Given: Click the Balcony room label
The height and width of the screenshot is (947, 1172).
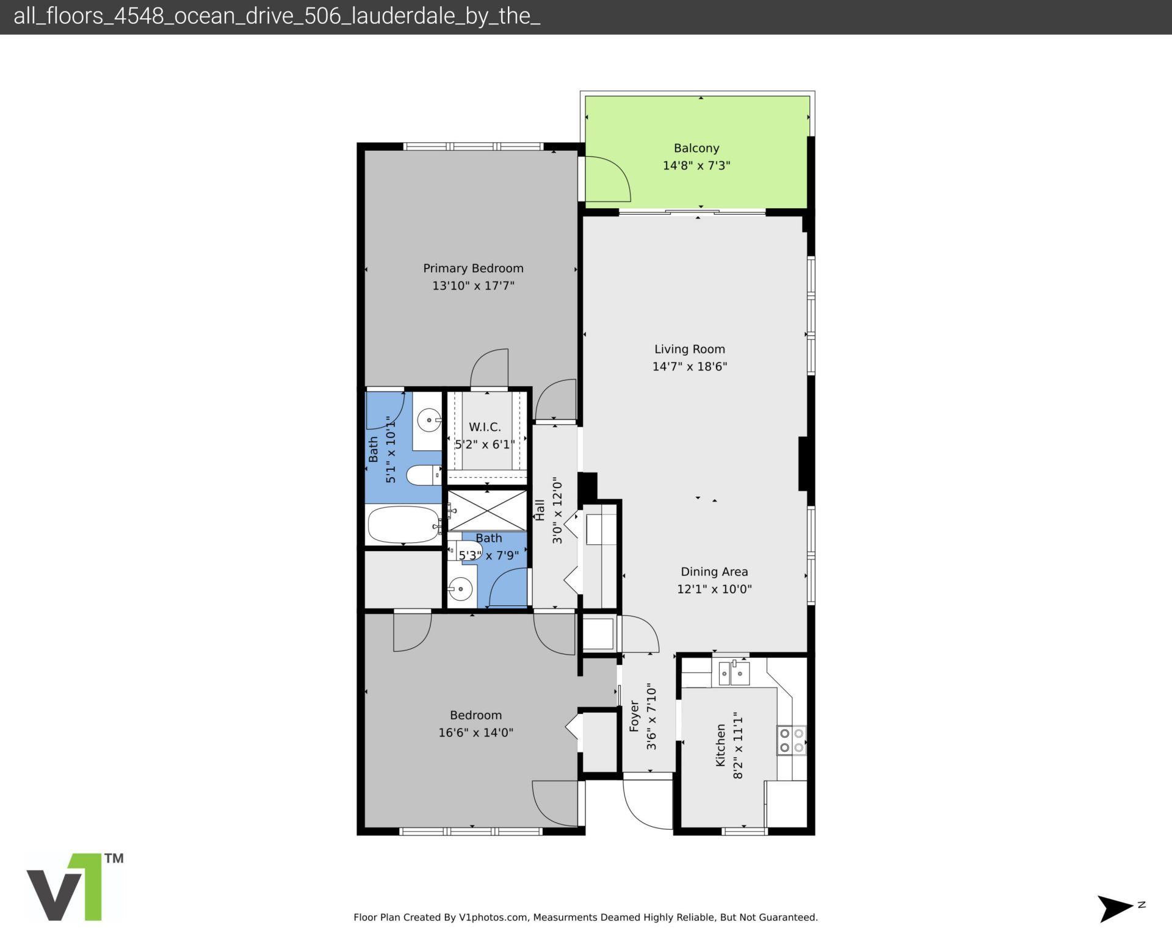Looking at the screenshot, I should tap(696, 148).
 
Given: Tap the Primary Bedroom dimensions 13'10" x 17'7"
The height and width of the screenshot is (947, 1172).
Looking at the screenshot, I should tap(473, 286).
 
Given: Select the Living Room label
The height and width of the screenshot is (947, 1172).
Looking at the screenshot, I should tap(689, 349).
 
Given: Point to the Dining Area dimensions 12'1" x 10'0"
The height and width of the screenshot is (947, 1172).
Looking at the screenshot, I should tap(714, 589).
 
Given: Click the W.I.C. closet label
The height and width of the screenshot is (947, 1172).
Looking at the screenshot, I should tap(485, 427).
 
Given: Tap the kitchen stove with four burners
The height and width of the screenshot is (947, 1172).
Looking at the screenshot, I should tap(792, 740).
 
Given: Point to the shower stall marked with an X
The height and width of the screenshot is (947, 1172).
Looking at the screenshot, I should tap(487, 510).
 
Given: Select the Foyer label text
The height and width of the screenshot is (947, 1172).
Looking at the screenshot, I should tap(634, 716).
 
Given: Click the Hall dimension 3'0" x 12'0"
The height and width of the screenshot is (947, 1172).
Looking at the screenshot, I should tap(557, 510).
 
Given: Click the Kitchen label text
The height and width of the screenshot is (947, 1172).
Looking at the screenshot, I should tap(720, 745).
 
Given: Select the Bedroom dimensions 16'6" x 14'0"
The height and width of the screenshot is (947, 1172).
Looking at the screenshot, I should tap(476, 733).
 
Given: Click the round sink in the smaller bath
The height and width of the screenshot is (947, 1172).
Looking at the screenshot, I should tap(460, 589).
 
